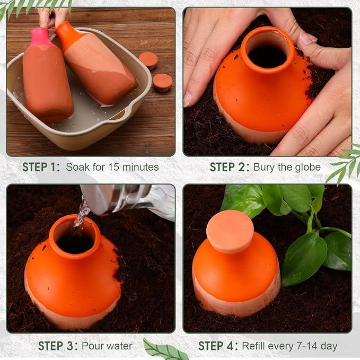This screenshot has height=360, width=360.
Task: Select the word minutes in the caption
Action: (x=139, y=167)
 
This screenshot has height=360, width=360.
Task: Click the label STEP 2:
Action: (x=229, y=167)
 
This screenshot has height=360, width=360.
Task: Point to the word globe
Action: (x=308, y=167)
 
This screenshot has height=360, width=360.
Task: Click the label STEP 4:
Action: (x=218, y=346)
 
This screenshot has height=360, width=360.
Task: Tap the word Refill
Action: (x=254, y=346)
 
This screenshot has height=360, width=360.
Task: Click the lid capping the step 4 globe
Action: (x=230, y=231)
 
